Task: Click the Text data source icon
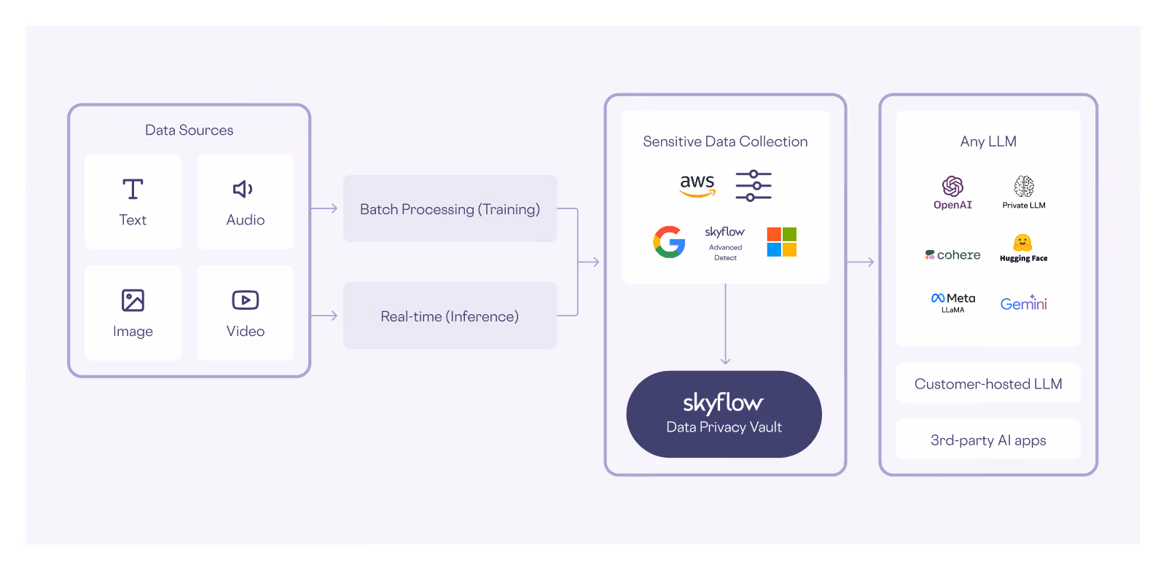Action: (133, 189)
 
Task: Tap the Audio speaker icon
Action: (243, 189)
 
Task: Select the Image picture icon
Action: (133, 300)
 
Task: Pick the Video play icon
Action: (245, 300)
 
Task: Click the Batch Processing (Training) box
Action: (450, 208)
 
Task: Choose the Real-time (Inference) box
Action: (450, 316)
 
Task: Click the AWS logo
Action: (697, 186)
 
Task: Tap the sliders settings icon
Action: (754, 186)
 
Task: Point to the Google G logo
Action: (670, 242)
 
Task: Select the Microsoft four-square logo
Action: (782, 242)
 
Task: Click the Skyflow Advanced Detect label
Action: (725, 243)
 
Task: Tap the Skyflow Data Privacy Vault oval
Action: (724, 414)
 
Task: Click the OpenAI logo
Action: (952, 192)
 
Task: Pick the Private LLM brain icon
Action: (1024, 186)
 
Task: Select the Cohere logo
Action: (952, 254)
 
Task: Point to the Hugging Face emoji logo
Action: (1023, 243)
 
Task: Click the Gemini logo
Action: (1023, 302)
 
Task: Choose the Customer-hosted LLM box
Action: (988, 383)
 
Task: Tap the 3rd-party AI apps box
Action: (988, 440)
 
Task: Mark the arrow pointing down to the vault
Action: (725, 324)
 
